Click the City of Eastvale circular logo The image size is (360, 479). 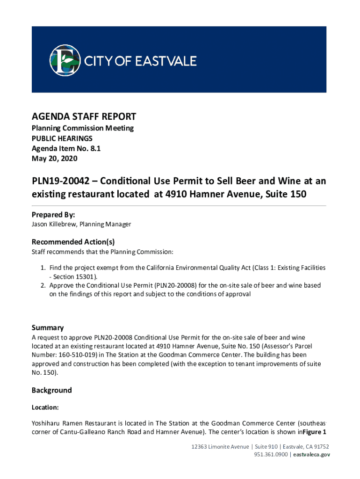[x=65, y=59]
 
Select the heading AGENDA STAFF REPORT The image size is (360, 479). [x=84, y=116]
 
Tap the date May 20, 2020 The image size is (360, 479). [x=54, y=159]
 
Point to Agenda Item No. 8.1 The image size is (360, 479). [x=66, y=148]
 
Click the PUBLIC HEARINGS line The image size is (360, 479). [x=62, y=138]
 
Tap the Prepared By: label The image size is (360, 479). [x=53, y=215]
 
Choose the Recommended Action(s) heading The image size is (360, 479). [x=73, y=242]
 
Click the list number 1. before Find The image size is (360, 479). [x=43, y=268]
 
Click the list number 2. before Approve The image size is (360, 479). [x=43, y=285]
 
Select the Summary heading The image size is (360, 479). [x=48, y=327]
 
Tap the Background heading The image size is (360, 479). [x=52, y=390]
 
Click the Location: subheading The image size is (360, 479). [x=45, y=407]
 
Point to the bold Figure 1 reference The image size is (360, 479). [x=314, y=432]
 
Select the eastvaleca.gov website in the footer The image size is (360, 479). [x=312, y=454]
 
